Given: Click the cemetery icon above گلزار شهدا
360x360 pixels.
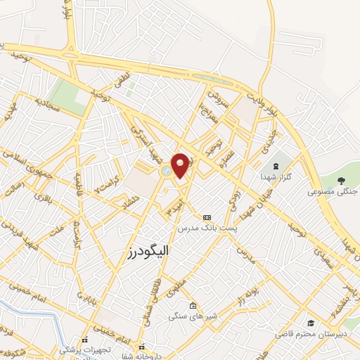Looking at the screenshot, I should click(275, 166).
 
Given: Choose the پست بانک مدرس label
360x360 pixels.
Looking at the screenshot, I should click(206, 229).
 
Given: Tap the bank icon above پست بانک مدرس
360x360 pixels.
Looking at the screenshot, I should click(206, 219).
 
